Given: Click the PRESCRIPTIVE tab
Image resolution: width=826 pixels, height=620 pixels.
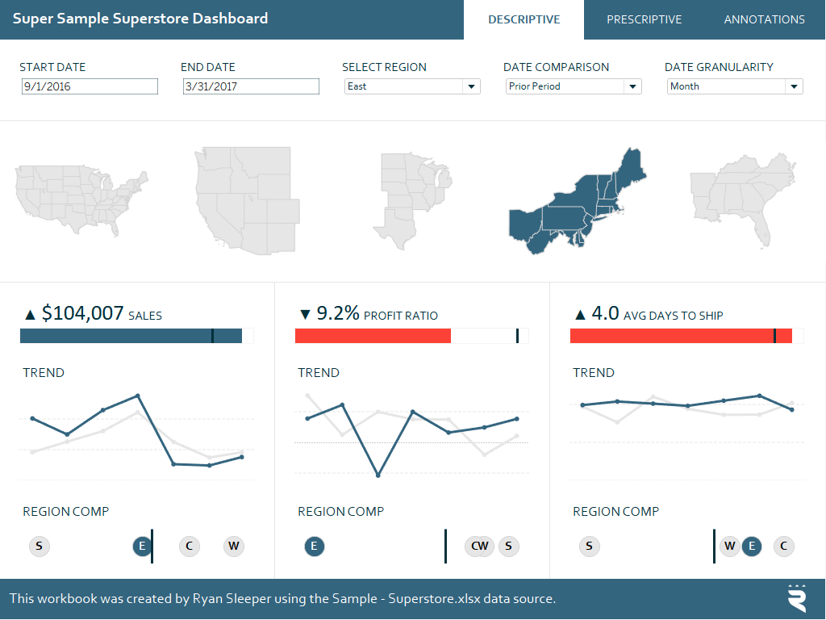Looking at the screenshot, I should tap(644, 19).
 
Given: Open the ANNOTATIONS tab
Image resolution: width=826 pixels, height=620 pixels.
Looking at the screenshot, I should tap(764, 19).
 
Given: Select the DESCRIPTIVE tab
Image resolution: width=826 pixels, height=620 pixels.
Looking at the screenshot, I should tap(524, 19).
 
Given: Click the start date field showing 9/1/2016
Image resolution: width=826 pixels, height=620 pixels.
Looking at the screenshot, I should tap(90, 86).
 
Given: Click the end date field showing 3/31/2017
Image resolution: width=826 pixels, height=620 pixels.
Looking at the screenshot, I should tap(251, 86).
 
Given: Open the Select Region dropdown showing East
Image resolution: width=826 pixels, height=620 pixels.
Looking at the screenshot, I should tap(411, 86).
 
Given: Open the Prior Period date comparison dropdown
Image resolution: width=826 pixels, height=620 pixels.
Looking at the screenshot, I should tap(573, 86).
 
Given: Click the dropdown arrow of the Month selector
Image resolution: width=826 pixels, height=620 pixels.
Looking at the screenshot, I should tap(794, 86).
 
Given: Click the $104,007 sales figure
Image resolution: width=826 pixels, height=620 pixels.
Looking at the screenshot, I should tap(83, 313).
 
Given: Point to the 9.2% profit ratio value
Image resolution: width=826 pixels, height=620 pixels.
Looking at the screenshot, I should tap(338, 313).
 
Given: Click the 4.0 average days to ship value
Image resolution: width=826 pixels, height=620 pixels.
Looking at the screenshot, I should tap(605, 313).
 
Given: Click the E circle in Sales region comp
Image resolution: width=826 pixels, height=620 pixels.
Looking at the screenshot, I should tap(142, 546).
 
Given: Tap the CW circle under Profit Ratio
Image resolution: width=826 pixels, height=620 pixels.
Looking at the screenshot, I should tap(479, 547).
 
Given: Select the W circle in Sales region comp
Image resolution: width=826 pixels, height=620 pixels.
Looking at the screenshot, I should tap(234, 546).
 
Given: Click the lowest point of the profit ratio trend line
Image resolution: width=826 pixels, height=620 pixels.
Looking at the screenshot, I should tap(378, 475).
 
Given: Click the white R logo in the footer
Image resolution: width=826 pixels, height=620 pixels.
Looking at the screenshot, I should tap(796, 598).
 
